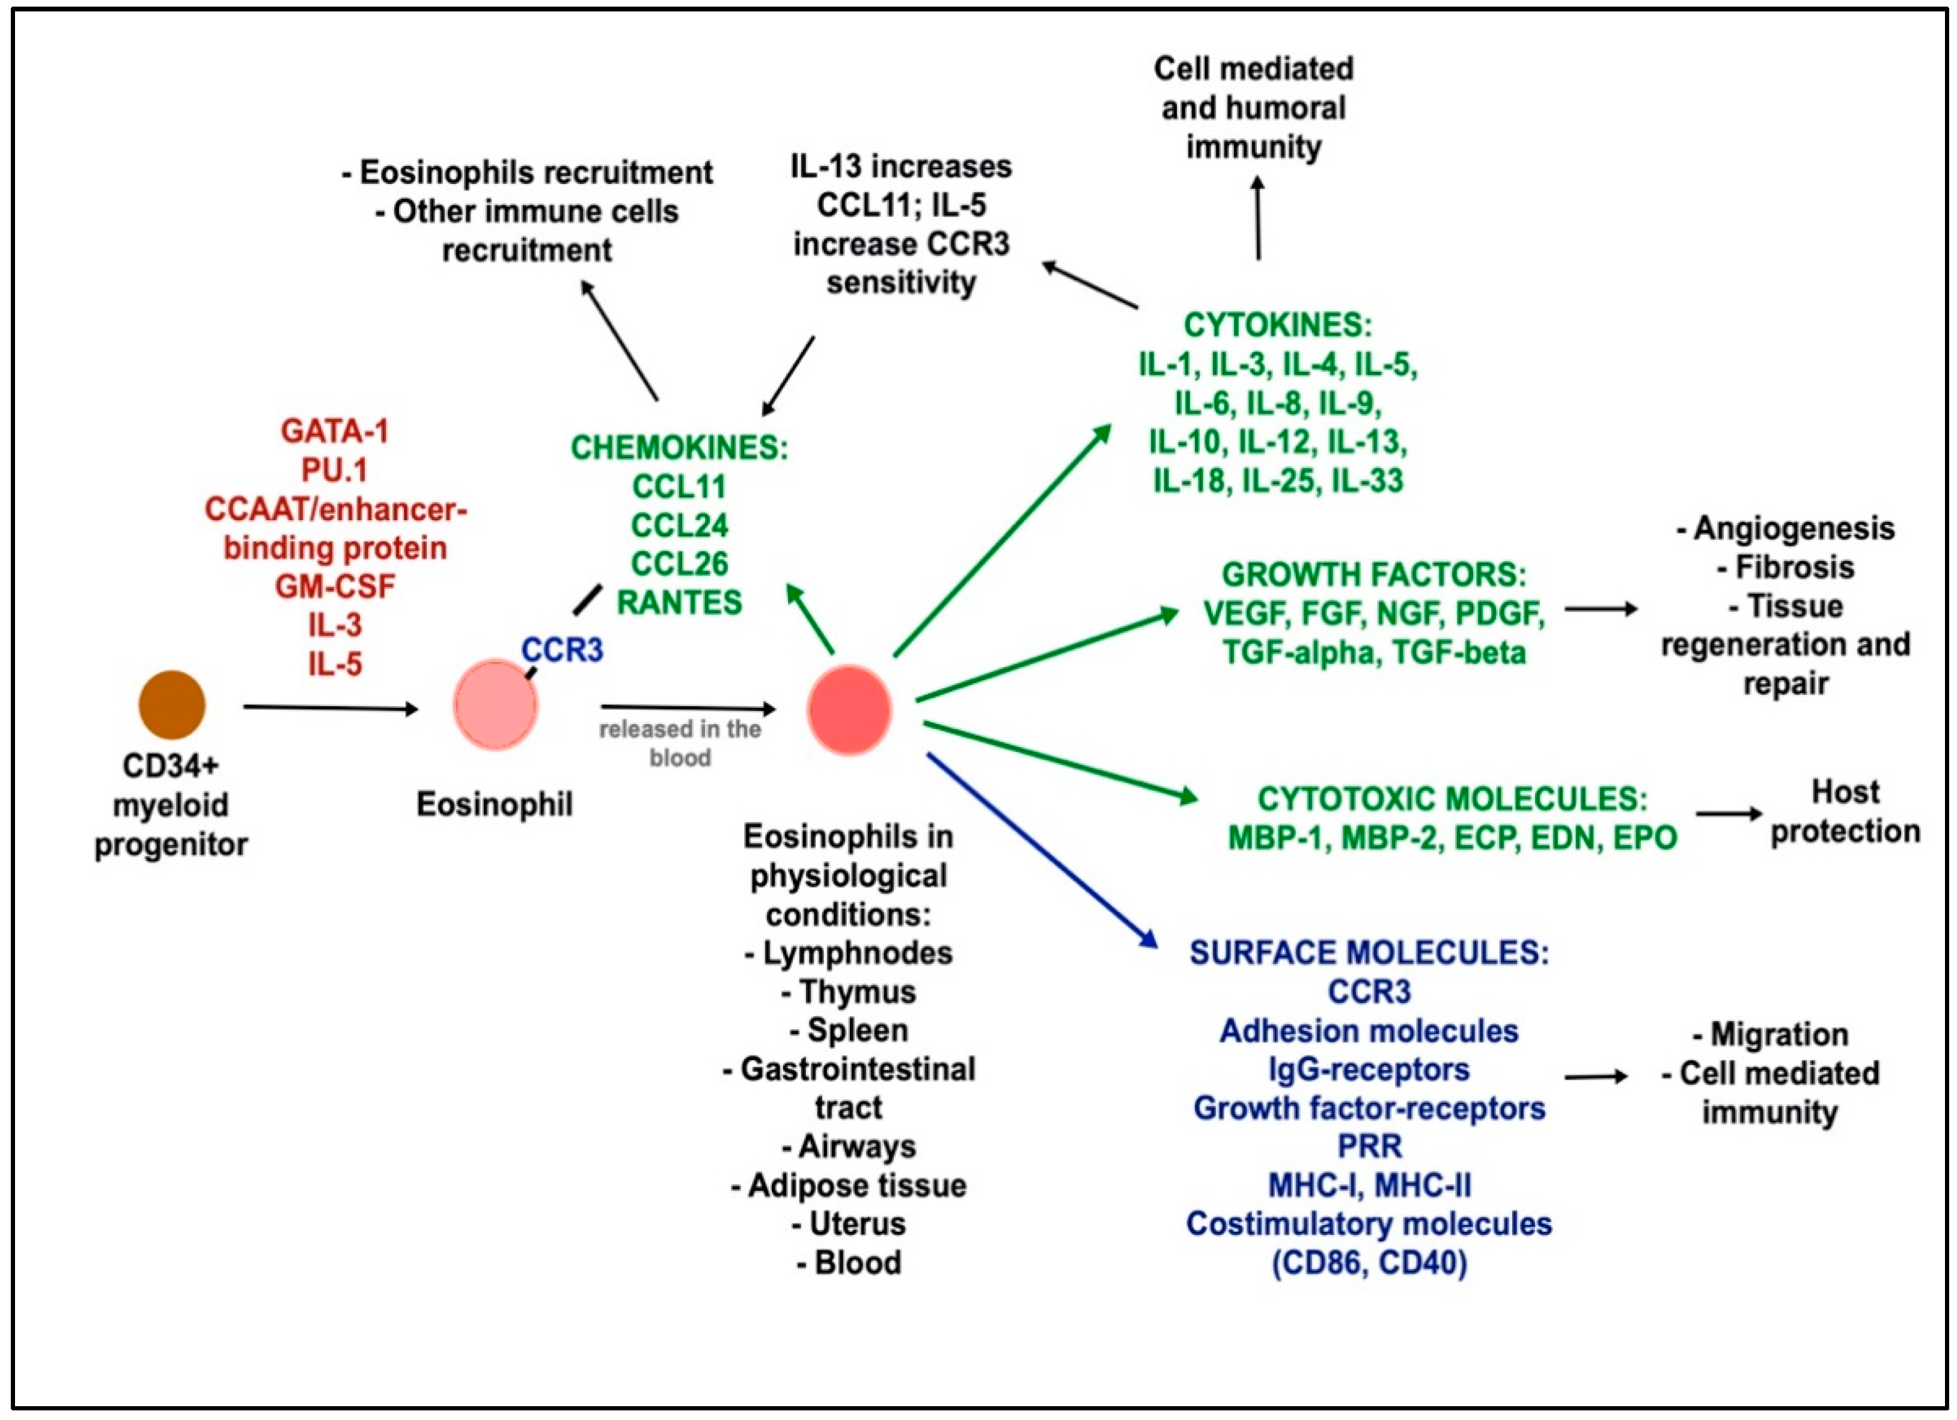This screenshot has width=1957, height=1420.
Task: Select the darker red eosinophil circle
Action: (x=849, y=710)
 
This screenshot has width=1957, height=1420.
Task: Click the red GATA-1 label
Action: (x=335, y=431)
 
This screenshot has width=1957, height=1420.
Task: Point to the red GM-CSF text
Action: (x=335, y=586)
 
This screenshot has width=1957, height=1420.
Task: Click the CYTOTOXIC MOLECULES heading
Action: (x=1452, y=799)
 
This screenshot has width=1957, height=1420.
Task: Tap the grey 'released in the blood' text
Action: (x=680, y=742)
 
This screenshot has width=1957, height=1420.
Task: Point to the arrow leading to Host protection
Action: (x=1729, y=813)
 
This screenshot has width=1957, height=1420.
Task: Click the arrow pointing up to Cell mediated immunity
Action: (x=1258, y=218)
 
